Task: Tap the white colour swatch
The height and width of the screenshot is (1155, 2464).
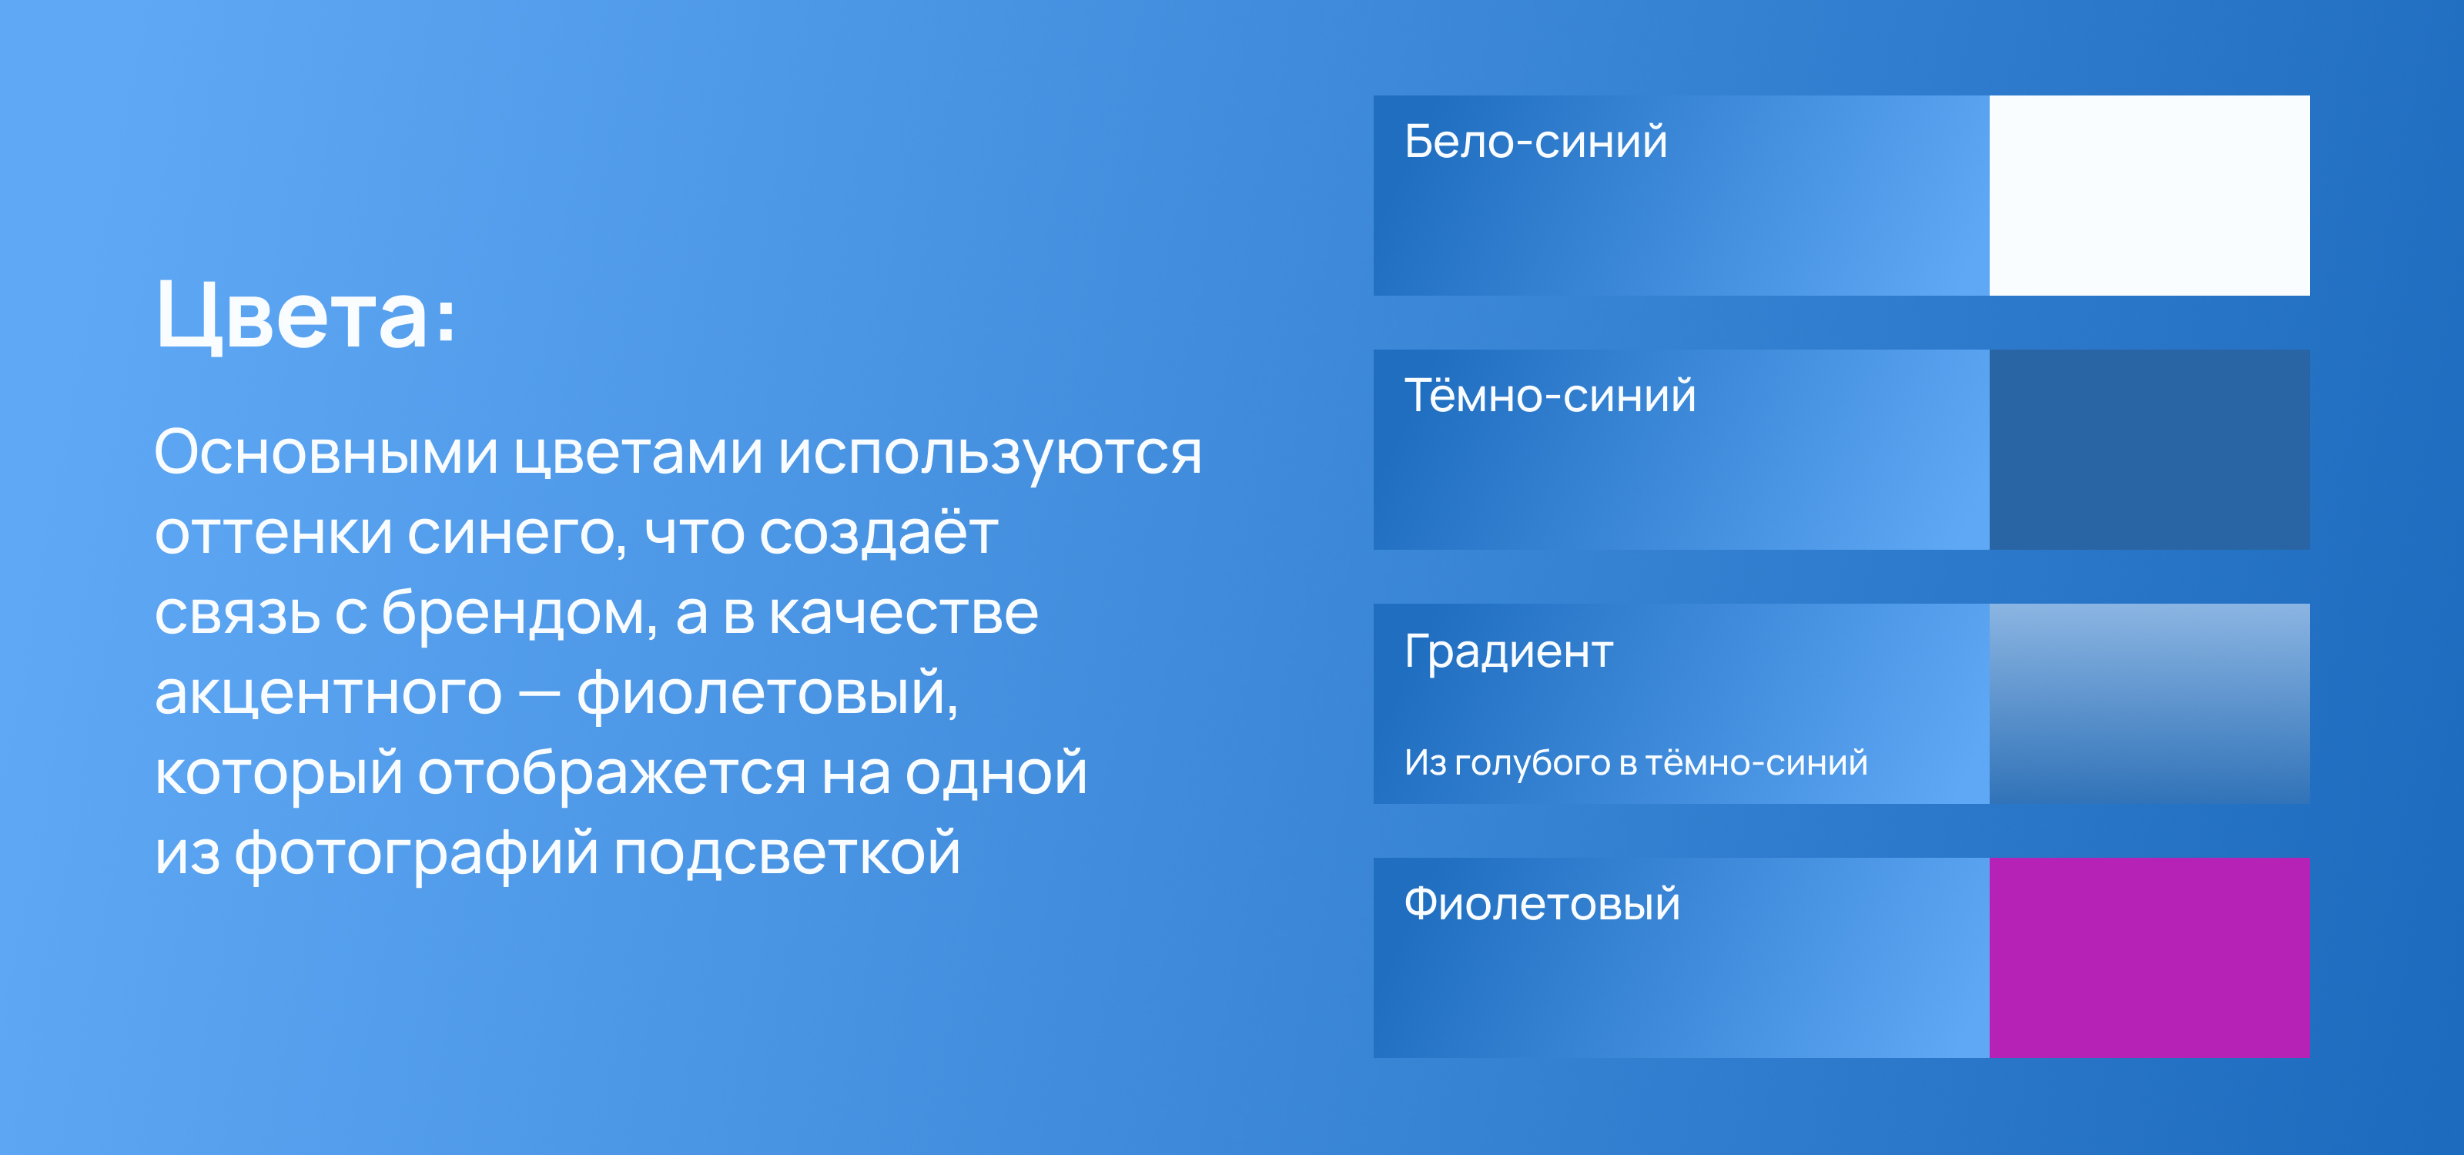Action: tap(2149, 195)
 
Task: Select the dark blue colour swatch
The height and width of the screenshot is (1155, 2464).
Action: tap(2149, 450)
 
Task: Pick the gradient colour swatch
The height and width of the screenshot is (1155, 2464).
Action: tap(2149, 704)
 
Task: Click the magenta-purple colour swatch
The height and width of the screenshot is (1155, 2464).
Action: tap(2149, 958)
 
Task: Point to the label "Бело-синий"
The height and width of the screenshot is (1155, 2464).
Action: tap(1535, 142)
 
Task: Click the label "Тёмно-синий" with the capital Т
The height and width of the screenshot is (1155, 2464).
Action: tap(1549, 395)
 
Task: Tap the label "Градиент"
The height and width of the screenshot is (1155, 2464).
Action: tap(1508, 653)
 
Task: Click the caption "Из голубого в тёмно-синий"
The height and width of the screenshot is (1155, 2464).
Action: tap(1635, 763)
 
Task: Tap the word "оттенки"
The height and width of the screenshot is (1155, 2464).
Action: tap(273, 534)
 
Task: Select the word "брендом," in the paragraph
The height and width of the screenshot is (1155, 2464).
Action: tap(520, 613)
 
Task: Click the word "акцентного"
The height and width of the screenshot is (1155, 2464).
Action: tap(328, 694)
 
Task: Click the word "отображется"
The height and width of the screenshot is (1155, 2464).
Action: tap(612, 774)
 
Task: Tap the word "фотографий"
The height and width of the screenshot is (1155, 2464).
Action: tap(416, 854)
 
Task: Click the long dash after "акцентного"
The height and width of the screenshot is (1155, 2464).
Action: tap(538, 695)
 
